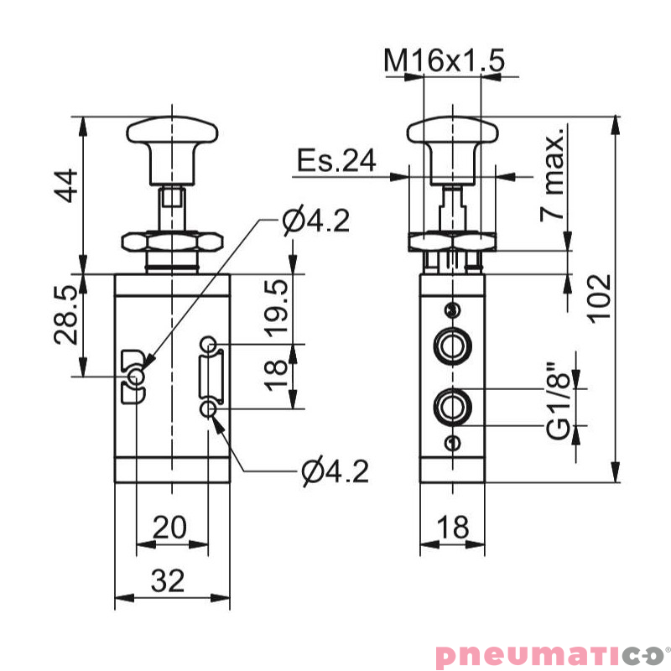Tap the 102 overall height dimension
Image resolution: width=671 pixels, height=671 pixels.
(597, 297)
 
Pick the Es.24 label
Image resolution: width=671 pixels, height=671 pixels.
(335, 161)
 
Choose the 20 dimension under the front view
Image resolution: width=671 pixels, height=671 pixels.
(169, 528)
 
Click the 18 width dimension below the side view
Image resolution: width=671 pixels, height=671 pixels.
(452, 528)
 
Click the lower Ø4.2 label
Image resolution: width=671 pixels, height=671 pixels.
(335, 472)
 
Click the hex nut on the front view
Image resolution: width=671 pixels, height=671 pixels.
(172, 243)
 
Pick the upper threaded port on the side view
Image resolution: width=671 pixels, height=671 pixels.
(452, 346)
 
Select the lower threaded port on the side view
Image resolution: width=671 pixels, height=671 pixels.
(452, 408)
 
